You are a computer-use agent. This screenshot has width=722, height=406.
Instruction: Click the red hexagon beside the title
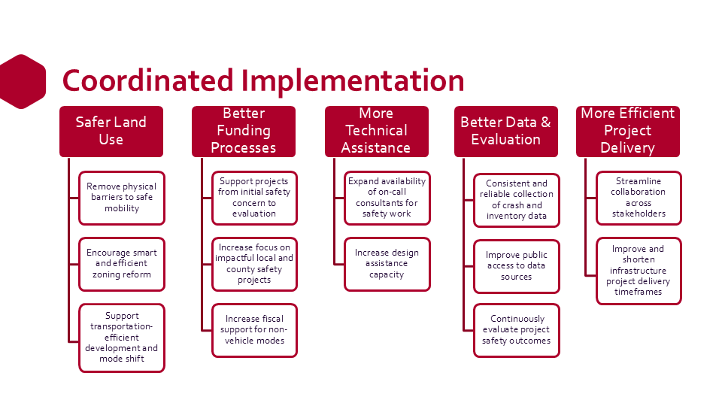[22, 81]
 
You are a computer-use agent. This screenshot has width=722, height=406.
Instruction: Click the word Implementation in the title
[352, 81]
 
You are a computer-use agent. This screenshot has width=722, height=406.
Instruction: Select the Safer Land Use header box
[111, 132]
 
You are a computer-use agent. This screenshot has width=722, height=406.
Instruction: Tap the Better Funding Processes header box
[244, 132]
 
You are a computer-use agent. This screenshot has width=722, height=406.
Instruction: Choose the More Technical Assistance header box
[377, 132]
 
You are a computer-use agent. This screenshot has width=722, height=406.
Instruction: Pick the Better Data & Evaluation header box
[506, 132]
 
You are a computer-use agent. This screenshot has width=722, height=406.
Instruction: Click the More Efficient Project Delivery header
[628, 132]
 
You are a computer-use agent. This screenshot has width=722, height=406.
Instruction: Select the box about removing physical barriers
[122, 198]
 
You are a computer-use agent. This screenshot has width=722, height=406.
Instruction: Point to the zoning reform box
[122, 264]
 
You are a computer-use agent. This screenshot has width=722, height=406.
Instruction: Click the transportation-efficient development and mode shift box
[122, 338]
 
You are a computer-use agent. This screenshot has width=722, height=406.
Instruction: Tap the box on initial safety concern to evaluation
[254, 198]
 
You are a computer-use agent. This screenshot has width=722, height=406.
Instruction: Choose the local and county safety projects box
[254, 264]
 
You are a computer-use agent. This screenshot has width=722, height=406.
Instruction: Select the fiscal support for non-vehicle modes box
[254, 330]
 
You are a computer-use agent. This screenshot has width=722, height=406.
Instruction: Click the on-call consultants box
[387, 198]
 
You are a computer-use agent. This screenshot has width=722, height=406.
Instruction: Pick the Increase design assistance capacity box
[387, 264]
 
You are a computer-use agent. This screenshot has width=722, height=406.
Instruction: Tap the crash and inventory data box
[517, 200]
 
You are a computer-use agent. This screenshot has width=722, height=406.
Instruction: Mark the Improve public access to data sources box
[517, 266]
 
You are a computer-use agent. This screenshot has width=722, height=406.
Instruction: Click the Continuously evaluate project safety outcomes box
[517, 330]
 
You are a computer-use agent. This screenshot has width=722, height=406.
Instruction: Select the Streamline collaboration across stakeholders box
[639, 198]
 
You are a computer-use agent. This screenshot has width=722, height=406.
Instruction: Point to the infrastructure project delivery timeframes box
[639, 271]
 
